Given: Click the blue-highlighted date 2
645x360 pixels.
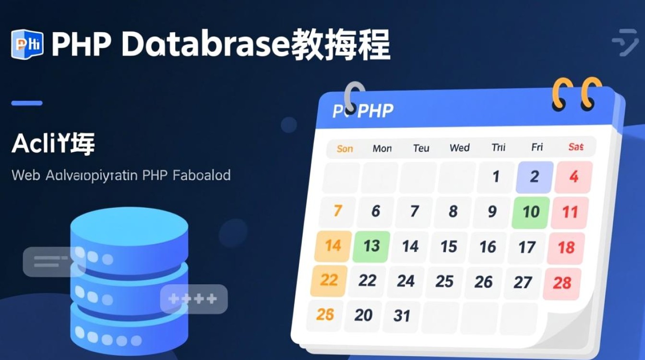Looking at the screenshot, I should pyautogui.click(x=534, y=177).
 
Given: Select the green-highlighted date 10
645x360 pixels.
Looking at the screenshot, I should pyautogui.click(x=531, y=212).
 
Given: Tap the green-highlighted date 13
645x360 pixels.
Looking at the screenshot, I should pyautogui.click(x=371, y=246).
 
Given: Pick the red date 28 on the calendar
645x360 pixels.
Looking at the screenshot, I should pyautogui.click(x=561, y=283).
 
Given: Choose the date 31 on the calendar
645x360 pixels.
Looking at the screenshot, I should pyautogui.click(x=402, y=316).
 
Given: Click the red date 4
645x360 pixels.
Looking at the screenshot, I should pyautogui.click(x=573, y=177).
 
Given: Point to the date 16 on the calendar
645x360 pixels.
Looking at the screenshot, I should pyautogui.click(x=488, y=247).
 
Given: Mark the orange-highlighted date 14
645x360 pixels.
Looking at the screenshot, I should pyautogui.click(x=333, y=246).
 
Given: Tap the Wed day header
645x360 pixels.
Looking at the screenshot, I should pyautogui.click(x=459, y=148).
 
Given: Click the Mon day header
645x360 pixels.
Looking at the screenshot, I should pyautogui.click(x=382, y=148).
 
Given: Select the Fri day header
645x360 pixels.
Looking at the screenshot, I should pyautogui.click(x=537, y=147).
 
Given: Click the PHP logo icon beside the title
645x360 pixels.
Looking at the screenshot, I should pyautogui.click(x=27, y=44).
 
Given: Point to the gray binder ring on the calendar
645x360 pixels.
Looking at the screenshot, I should pyautogui.click(x=355, y=96).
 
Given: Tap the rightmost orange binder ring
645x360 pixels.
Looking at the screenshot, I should pyautogui.click(x=591, y=92).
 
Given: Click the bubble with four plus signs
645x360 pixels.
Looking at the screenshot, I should pyautogui.click(x=193, y=299).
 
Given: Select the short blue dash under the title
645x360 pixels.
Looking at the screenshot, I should pyautogui.click(x=27, y=103).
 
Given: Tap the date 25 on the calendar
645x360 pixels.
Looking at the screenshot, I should pyautogui.click(x=444, y=281).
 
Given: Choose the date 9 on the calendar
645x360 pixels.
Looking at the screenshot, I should pyautogui.click(x=492, y=211).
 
